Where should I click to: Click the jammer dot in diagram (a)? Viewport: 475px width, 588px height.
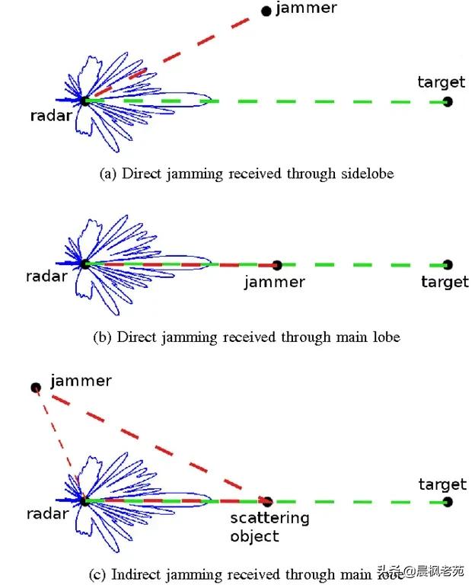tap(266, 11)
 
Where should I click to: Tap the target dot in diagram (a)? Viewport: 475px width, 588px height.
tap(447, 101)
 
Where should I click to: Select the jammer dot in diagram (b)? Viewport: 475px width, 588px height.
tap(277, 265)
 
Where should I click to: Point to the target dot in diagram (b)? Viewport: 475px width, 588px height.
tap(447, 265)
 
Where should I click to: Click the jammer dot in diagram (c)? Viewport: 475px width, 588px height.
tap(35, 388)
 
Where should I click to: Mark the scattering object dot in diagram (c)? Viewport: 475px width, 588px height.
tap(267, 501)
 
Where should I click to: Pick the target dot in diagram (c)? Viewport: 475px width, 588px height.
tap(447, 501)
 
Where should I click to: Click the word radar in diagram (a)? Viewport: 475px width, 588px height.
tap(51, 117)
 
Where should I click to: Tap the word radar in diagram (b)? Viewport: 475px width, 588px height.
tap(47, 276)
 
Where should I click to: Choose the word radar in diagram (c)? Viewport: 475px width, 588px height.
tap(47, 514)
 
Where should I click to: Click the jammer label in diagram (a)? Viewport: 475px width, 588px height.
tap(306, 9)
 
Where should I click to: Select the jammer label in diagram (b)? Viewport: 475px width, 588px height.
tap(274, 283)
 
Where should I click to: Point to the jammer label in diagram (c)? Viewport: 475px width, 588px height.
tap(81, 381)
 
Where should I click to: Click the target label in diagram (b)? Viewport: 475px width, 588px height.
tap(445, 283)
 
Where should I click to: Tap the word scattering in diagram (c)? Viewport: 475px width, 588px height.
tap(269, 519)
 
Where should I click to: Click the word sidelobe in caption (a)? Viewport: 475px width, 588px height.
tap(367, 174)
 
